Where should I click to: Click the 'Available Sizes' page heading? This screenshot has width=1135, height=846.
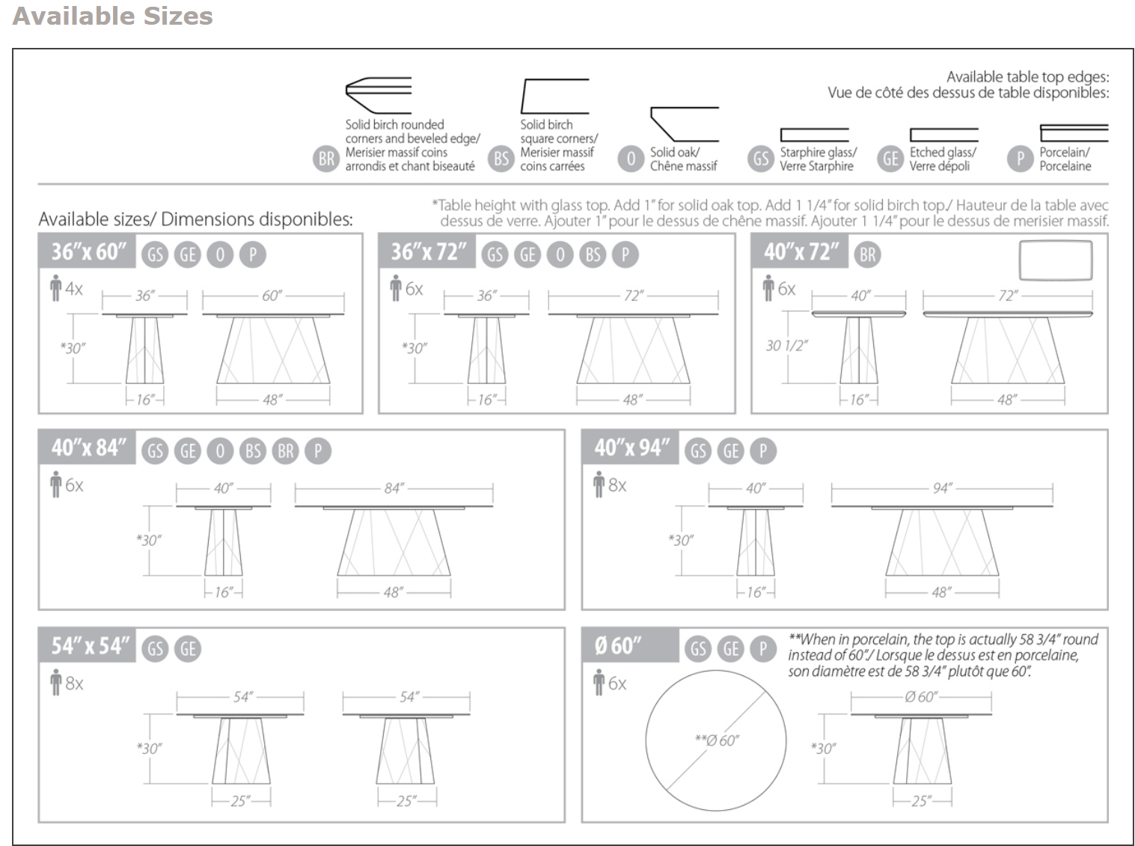click(113, 16)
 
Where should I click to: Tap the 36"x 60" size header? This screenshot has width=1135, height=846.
click(88, 252)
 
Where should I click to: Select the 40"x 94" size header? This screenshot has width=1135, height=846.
click(629, 448)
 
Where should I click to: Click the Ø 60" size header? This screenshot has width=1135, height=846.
click(618, 645)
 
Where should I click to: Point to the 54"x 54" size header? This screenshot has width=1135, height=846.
click(89, 645)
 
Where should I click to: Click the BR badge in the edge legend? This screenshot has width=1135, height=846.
click(326, 159)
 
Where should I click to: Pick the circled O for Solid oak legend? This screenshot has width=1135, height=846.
click(631, 159)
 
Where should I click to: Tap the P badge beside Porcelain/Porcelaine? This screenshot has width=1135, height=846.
click(1020, 159)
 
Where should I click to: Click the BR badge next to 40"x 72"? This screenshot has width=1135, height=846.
click(867, 255)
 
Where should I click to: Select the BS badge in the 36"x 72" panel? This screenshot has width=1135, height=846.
click(593, 255)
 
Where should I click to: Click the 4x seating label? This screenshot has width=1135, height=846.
click(73, 288)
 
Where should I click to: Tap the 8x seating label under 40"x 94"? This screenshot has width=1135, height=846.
click(617, 485)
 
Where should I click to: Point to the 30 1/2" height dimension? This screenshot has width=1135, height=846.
click(786, 345)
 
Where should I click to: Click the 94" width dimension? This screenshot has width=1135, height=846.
click(942, 488)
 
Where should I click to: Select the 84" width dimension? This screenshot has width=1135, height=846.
click(394, 488)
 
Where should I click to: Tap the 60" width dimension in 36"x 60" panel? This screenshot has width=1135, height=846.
click(272, 296)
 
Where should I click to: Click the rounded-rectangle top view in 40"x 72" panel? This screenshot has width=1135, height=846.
click(1055, 260)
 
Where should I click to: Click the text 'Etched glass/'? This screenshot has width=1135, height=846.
click(943, 152)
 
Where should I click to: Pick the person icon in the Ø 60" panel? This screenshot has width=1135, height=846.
click(599, 683)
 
